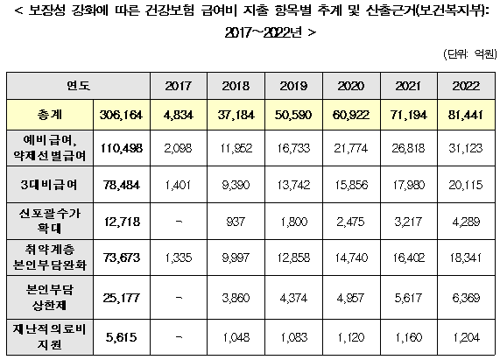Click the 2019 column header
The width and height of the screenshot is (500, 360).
coord(293,86)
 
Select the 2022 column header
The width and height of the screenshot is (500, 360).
coord(466,86)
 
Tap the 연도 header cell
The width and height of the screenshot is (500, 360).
coord(79,86)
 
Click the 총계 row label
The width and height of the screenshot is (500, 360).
coord(50,115)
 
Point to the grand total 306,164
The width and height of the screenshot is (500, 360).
coord(121,115)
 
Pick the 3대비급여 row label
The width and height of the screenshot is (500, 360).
coord(49,185)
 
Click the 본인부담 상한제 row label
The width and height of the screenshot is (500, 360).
coord(49,298)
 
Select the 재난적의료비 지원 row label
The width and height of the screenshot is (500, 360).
coord(49,336)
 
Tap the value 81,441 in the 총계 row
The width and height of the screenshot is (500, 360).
coord(466,115)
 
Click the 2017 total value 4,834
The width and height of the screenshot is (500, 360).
coord(179,115)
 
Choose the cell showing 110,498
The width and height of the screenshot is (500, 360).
coord(122,148)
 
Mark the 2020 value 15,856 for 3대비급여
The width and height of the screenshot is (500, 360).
coord(351,185)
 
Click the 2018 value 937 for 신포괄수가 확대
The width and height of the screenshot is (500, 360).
coord(236,222)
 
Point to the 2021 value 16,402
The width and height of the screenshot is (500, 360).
coord(408,258)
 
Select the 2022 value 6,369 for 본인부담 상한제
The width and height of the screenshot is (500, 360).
coord(466,298)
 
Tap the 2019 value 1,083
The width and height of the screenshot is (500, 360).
coord(293,337)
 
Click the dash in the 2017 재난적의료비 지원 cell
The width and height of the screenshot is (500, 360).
coord(179,337)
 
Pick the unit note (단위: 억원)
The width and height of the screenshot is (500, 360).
coord(470,54)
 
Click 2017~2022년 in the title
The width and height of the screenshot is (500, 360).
coord(264,32)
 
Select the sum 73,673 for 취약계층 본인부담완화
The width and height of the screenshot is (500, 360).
coord(122,258)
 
